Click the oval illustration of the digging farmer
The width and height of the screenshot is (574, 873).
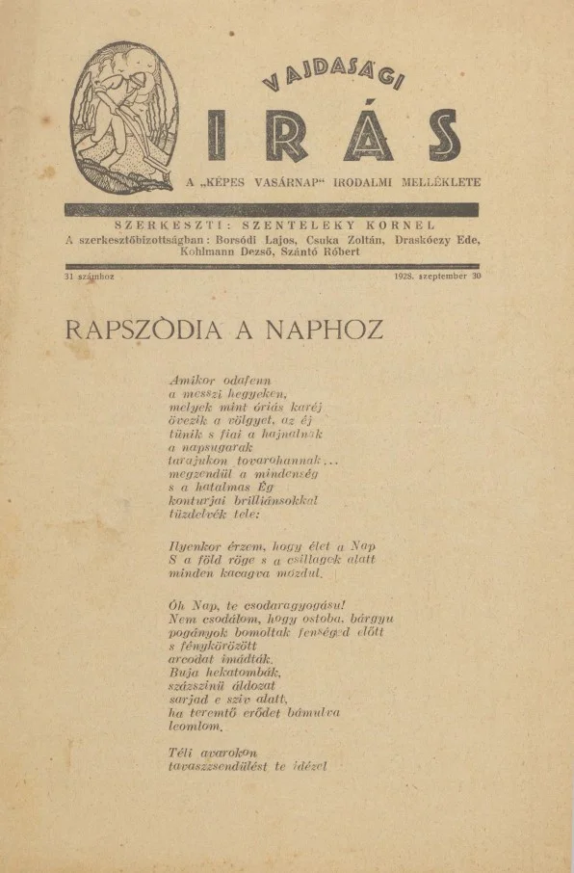tap(125, 117)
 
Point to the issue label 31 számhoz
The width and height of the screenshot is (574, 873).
tap(89, 277)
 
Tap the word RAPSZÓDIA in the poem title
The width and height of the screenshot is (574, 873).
tap(143, 331)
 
